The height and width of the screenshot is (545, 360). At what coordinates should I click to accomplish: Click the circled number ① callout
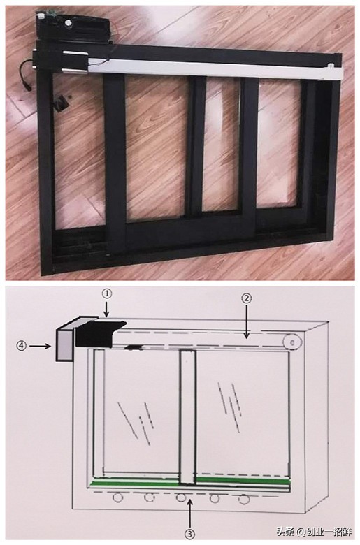107,294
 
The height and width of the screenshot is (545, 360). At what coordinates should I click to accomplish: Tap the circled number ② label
247,298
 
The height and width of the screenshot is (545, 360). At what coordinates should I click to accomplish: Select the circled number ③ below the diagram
190,534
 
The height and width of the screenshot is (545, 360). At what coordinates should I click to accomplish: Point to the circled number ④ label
22,346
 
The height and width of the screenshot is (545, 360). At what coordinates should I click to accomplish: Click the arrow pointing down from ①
107,309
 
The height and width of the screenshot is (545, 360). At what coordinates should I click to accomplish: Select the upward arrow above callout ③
190,514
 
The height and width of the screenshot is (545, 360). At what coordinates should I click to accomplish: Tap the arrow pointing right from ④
40,346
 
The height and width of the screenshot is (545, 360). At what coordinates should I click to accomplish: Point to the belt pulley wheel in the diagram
292,342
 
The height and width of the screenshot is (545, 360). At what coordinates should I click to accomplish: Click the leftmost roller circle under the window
118,497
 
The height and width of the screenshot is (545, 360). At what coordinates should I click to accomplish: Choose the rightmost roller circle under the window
244,499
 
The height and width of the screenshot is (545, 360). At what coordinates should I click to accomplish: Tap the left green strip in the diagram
135,484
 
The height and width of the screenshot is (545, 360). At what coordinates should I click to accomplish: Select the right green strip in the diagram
243,481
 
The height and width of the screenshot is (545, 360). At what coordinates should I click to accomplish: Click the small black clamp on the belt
136,347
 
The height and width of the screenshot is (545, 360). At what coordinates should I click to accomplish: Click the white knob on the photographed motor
68,23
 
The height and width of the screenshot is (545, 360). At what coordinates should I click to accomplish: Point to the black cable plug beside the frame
27,85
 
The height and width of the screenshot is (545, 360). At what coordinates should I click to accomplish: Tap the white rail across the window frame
215,69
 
